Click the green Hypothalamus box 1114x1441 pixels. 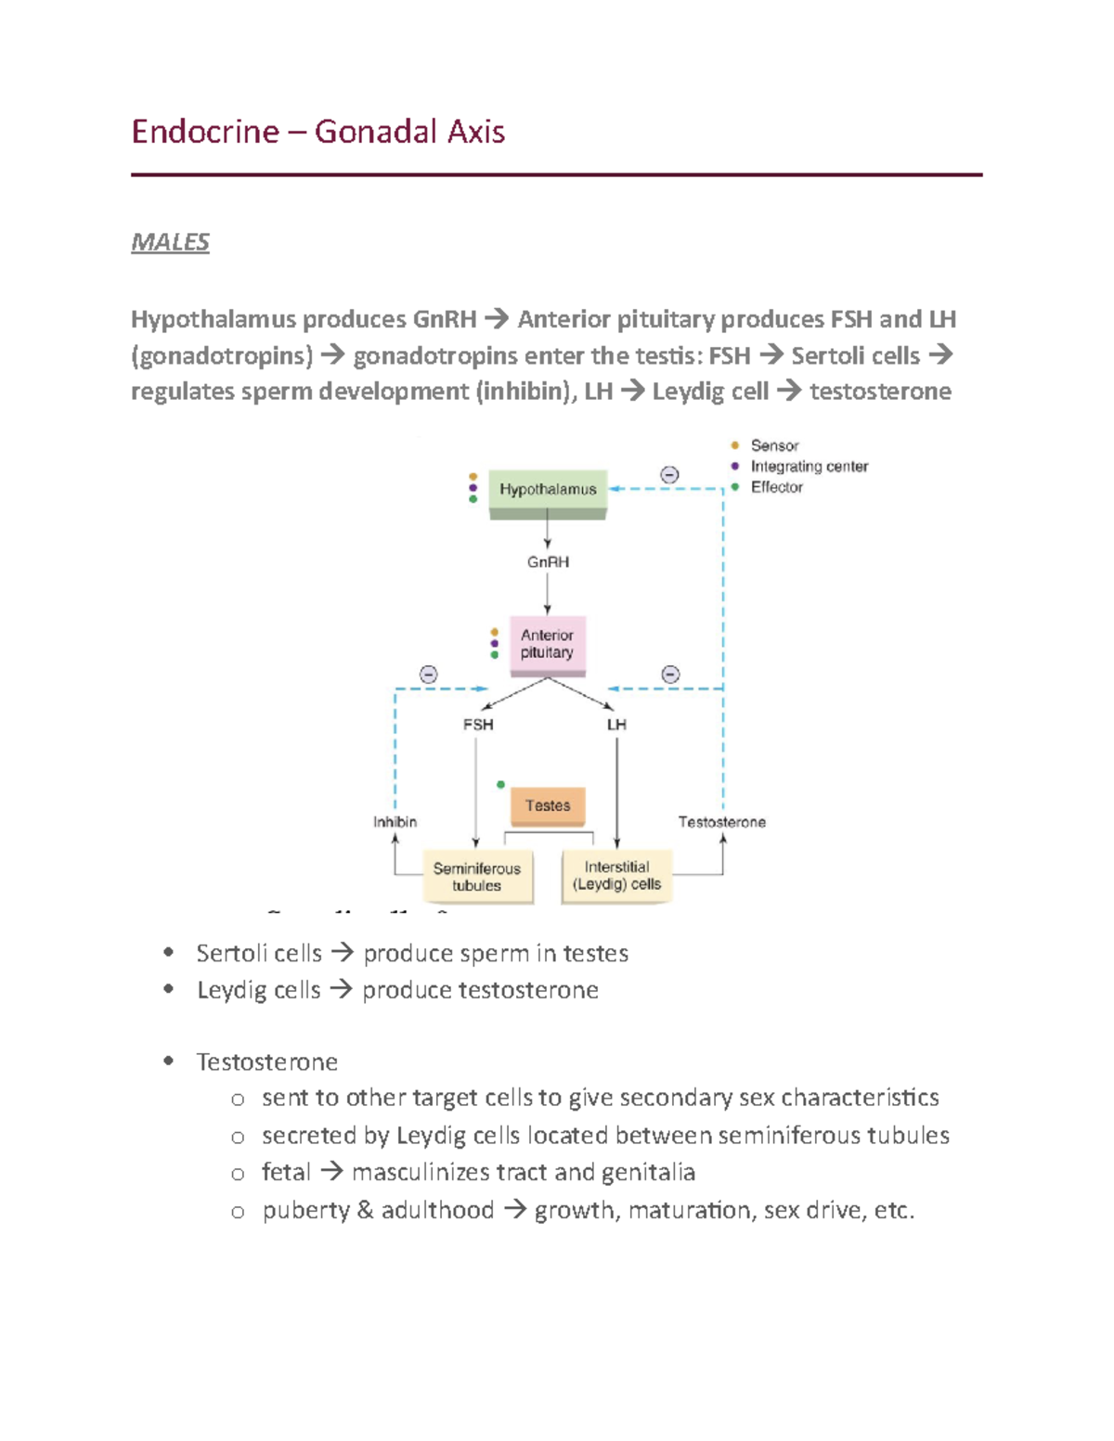pyautogui.click(x=548, y=490)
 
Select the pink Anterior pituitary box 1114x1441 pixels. pyautogui.click(x=548, y=644)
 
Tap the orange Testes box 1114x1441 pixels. pyautogui.click(x=548, y=805)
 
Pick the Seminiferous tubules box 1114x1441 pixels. pyautogui.click(x=477, y=877)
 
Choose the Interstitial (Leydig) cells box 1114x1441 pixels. pyautogui.click(x=616, y=875)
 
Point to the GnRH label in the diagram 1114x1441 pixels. pyautogui.click(x=548, y=562)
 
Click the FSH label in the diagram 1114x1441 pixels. pyautogui.click(x=478, y=725)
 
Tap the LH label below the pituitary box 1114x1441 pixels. pyautogui.click(x=616, y=725)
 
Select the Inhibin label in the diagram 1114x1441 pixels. pyautogui.click(x=395, y=822)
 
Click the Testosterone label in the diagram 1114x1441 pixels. pyautogui.click(x=721, y=822)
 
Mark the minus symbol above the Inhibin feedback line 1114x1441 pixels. pyautogui.click(x=428, y=675)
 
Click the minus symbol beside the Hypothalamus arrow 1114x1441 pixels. pyautogui.click(x=669, y=475)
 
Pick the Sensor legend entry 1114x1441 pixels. pyautogui.click(x=774, y=446)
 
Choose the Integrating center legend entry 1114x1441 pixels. pyautogui.click(x=809, y=467)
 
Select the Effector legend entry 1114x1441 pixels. pyautogui.click(x=776, y=487)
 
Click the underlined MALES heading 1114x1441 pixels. pyautogui.click(x=170, y=242)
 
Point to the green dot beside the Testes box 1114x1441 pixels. pyautogui.click(x=500, y=785)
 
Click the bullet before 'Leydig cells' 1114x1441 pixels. pyautogui.click(x=168, y=989)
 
